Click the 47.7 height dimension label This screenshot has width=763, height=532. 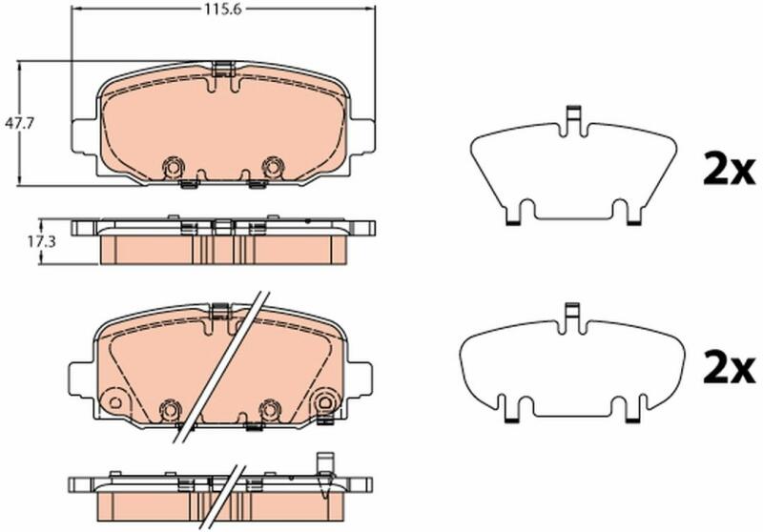18,124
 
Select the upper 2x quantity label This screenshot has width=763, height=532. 729,169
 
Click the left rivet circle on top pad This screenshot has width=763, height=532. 173,167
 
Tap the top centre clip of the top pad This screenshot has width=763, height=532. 223,69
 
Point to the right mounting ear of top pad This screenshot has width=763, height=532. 362,135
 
